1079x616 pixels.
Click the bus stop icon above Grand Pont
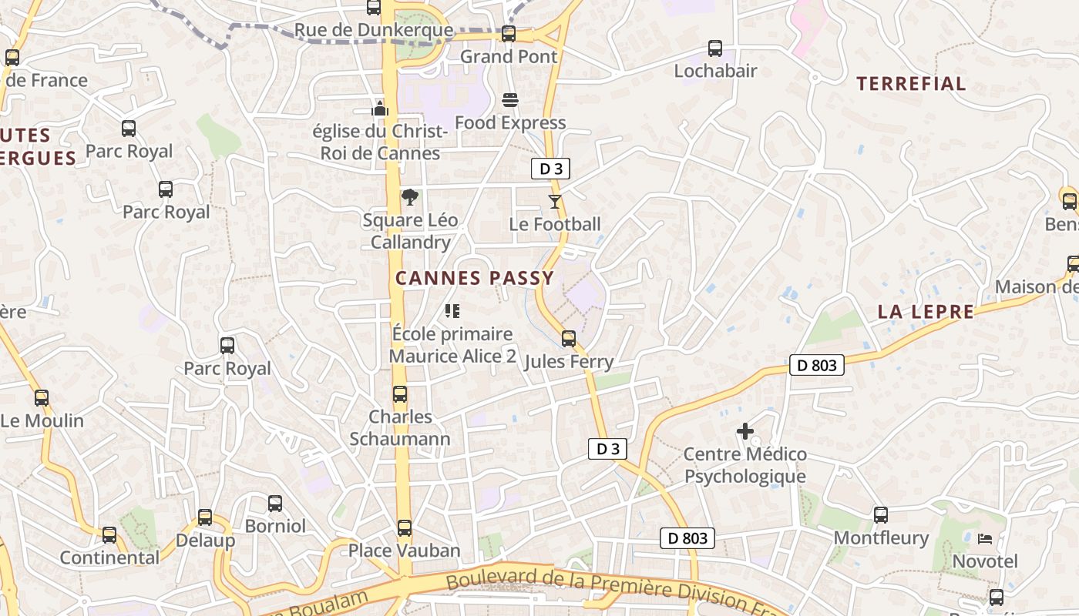click(508, 34)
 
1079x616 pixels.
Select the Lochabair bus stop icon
click(715, 49)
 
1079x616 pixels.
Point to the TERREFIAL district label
click(911, 84)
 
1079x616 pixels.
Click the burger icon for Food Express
click(510, 100)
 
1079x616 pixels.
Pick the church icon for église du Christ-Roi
click(380, 108)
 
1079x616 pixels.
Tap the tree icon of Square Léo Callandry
click(410, 197)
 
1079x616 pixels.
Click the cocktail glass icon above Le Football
click(555, 202)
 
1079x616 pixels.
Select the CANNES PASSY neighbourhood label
click(474, 278)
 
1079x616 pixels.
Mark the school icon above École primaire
click(452, 311)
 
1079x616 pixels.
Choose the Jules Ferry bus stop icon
click(569, 339)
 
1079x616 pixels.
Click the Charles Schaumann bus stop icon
click(400, 394)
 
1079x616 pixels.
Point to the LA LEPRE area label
click(926, 312)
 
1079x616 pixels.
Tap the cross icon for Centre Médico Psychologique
click(745, 431)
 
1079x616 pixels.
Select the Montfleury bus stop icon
click(881, 515)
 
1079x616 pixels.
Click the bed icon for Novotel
click(985, 538)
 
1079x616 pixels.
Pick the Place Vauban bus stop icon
click(405, 528)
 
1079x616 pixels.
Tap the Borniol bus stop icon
click(275, 504)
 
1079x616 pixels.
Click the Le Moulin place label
click(42, 421)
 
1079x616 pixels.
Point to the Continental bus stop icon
click(109, 535)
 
